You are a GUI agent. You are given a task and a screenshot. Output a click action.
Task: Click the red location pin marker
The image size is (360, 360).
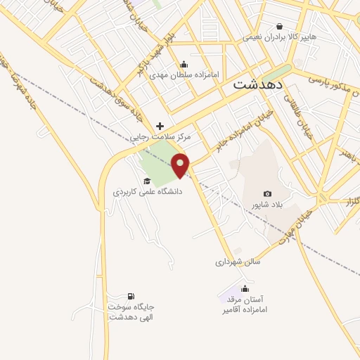coord(181,165)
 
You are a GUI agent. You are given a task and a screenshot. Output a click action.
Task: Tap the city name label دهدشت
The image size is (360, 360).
coord(257,84)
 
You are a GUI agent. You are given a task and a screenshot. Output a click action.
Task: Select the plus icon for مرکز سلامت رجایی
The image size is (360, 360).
coord(160,126)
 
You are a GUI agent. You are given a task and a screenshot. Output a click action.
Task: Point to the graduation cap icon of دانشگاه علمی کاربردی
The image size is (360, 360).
coord(147,181)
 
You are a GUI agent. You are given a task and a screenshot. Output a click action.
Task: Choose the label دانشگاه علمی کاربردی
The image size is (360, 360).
coord(147,191)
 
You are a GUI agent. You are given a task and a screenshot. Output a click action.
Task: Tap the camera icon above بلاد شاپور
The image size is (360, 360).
coord(267,194)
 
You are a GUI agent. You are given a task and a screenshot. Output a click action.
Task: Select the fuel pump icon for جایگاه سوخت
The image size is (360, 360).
coord(130,296)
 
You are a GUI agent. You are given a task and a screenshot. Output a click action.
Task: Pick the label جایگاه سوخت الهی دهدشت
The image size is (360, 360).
coord(131,312)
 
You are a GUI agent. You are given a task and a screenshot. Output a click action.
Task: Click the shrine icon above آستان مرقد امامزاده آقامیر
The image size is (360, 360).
coord(245,288)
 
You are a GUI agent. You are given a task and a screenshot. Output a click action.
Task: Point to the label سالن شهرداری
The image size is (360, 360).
coord(238,262)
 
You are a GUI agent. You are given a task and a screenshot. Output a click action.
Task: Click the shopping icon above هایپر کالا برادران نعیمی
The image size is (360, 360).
coord(280,25)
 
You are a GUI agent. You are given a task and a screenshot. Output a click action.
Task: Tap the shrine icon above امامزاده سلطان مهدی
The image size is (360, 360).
coord(184,64)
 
